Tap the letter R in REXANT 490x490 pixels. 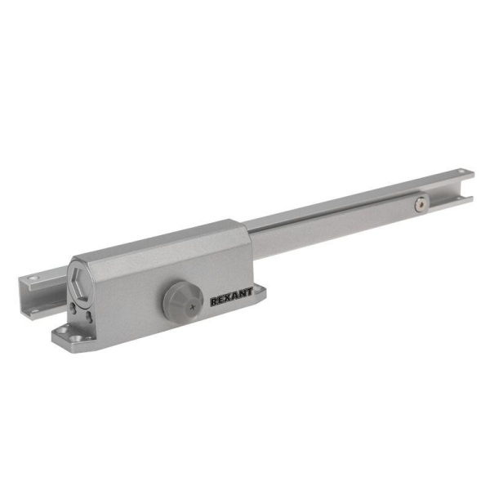pos(214,301)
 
